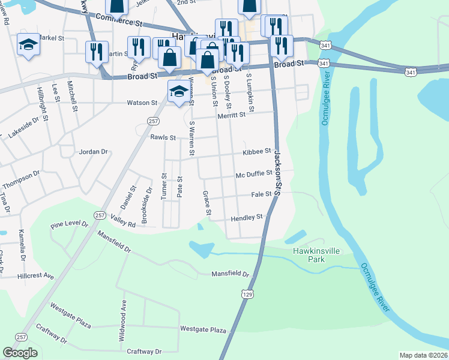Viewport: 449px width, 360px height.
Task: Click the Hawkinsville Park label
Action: [309, 255]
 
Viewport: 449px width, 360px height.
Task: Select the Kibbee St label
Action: [257, 152]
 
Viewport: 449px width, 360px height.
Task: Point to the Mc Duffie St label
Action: [254, 174]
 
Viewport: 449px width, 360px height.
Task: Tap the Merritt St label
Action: [232, 115]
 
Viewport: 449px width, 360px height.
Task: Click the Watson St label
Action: [142, 103]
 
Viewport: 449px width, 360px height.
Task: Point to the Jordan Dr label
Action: [92, 152]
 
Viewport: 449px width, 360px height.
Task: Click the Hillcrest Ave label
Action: [35, 277]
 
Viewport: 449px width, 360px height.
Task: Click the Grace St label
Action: [206, 203]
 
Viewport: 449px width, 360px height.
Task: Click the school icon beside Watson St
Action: [178, 92]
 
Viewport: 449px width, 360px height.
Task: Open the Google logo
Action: [20, 353]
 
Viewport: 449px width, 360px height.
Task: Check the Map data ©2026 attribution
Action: [423, 355]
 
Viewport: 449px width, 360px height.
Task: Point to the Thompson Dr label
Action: [20, 178]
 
